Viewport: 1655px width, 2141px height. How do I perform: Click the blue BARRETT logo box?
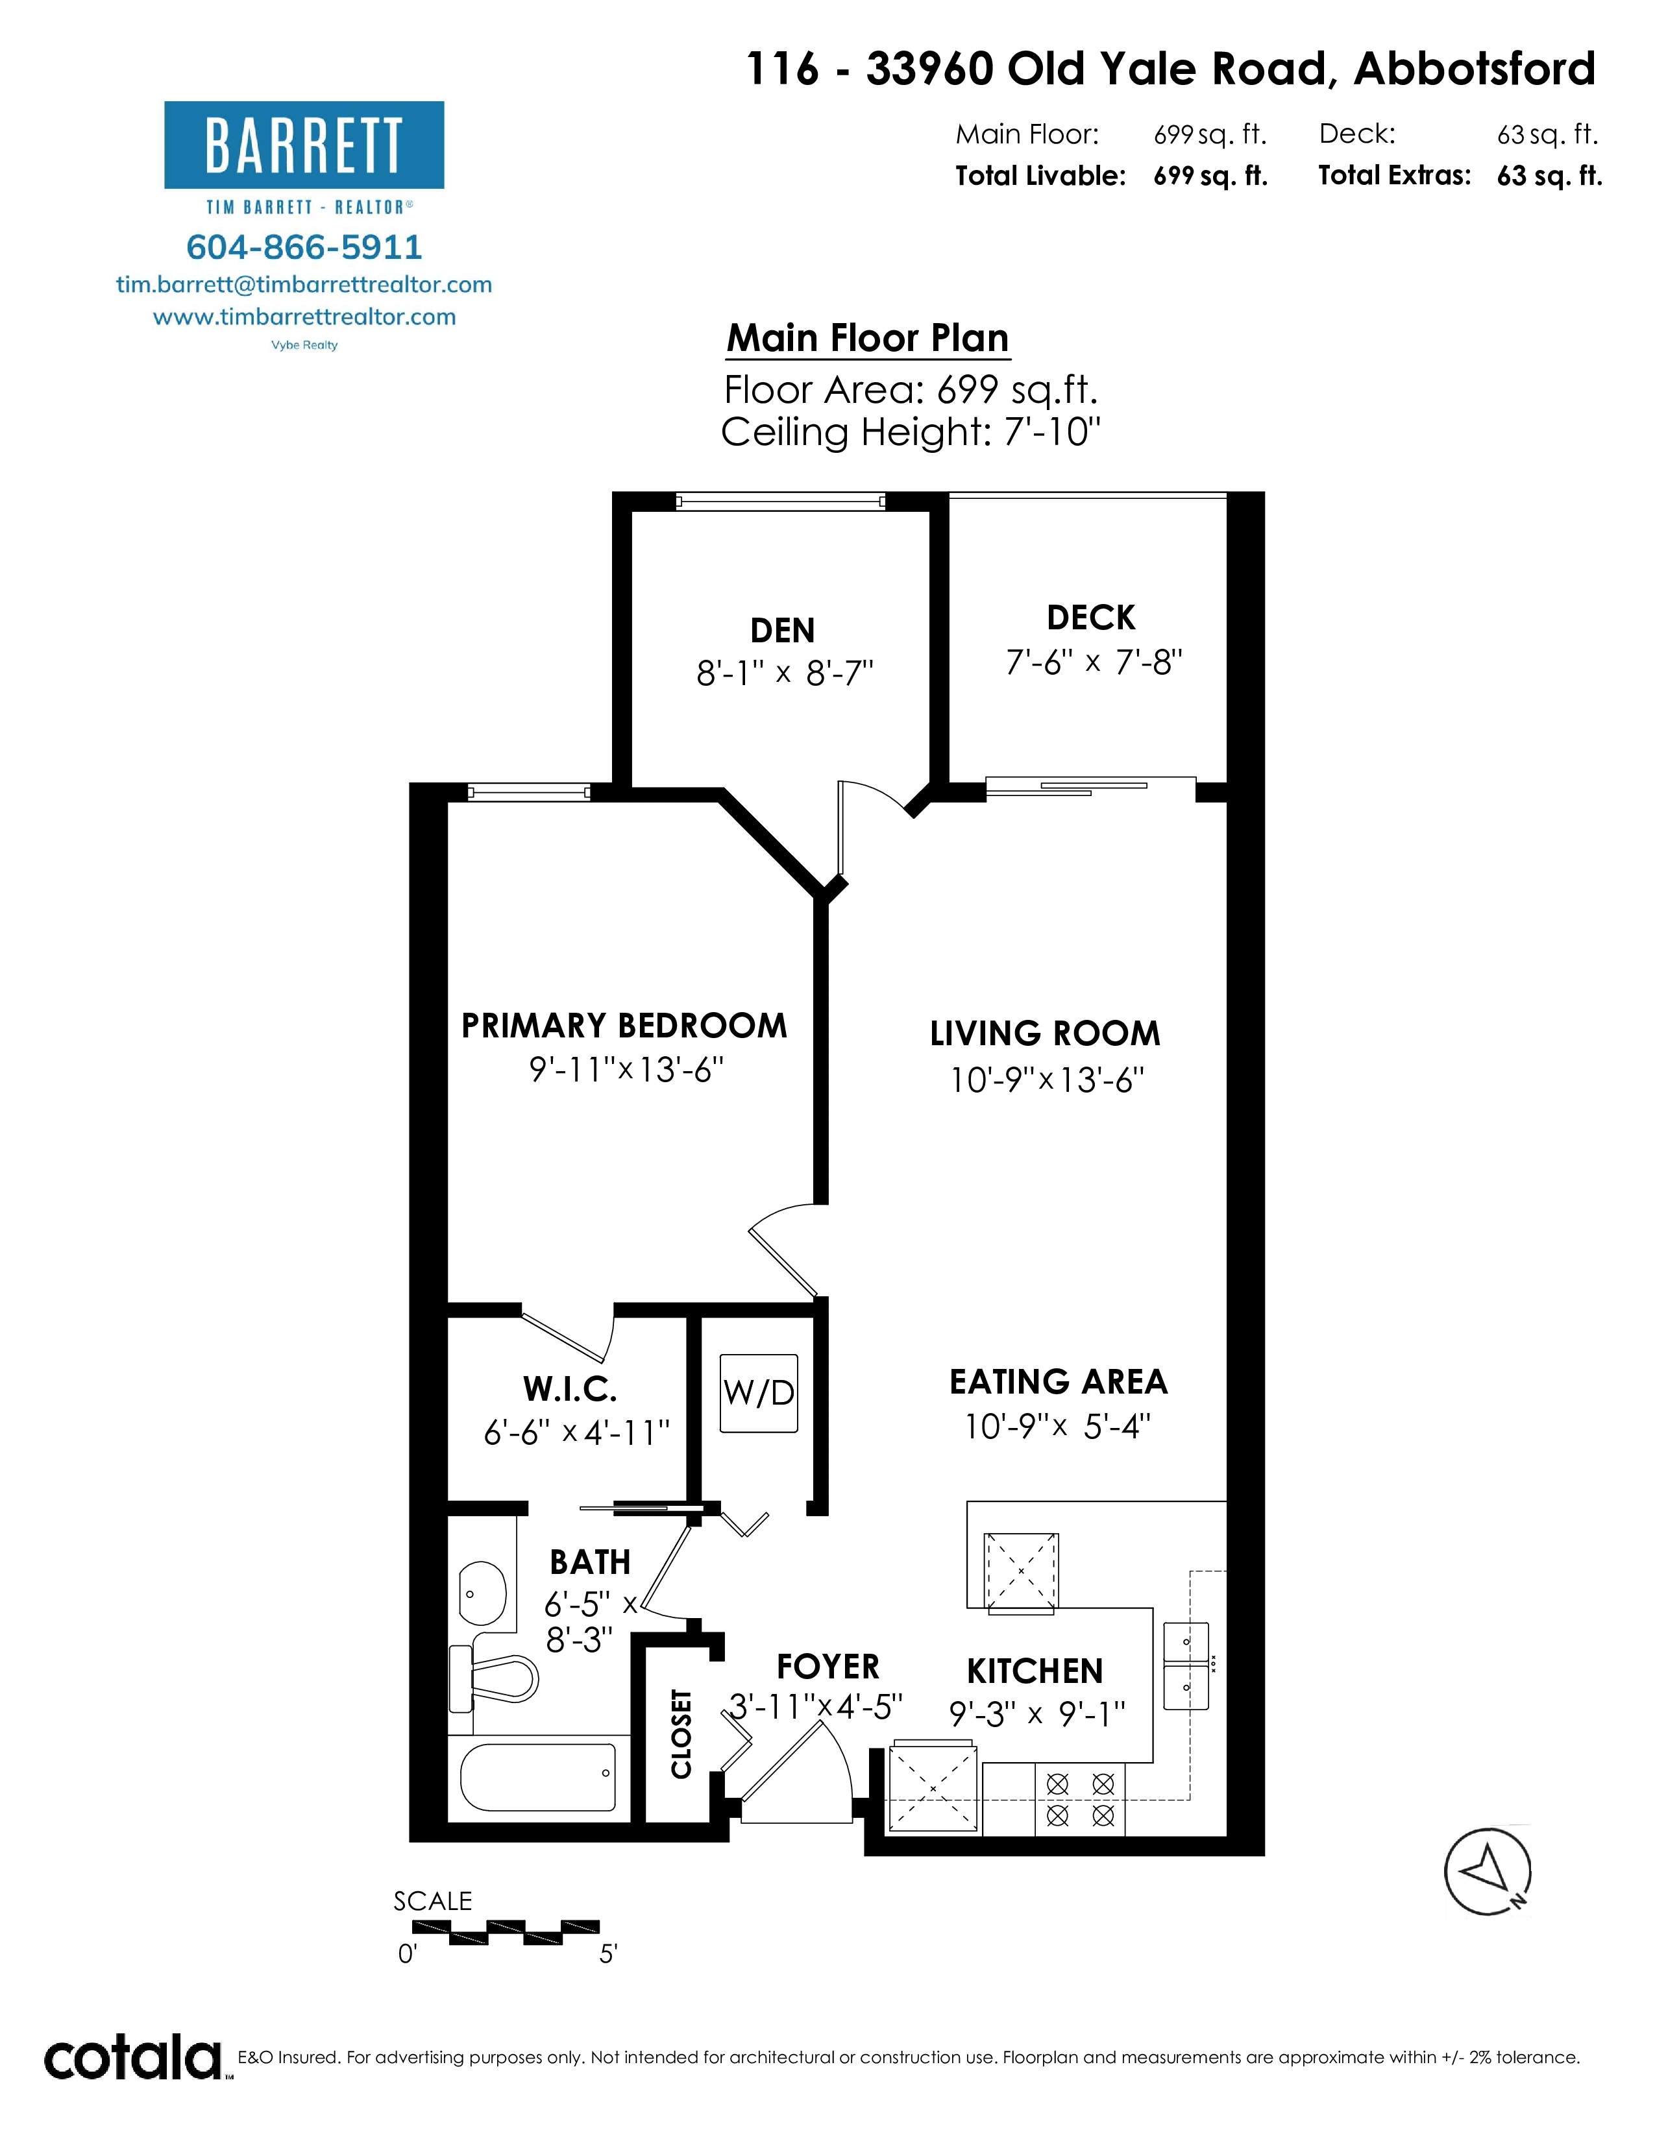click(304, 145)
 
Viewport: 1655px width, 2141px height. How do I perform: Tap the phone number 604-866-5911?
click(304, 247)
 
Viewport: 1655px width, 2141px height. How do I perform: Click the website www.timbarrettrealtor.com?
click(304, 317)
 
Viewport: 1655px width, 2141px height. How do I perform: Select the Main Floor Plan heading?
click(868, 338)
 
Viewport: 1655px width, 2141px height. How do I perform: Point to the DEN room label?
click(783, 631)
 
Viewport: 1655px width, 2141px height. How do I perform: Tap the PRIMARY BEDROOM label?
click(624, 1025)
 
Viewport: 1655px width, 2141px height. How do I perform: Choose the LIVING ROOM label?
click(1045, 1034)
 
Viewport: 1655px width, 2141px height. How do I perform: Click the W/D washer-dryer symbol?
click(759, 1393)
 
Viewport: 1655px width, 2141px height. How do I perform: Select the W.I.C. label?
click(570, 1389)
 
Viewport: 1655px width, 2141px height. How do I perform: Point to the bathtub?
click(538, 1777)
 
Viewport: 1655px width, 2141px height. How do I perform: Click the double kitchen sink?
click(1186, 1667)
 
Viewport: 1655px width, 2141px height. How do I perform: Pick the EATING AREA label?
click(1059, 1381)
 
